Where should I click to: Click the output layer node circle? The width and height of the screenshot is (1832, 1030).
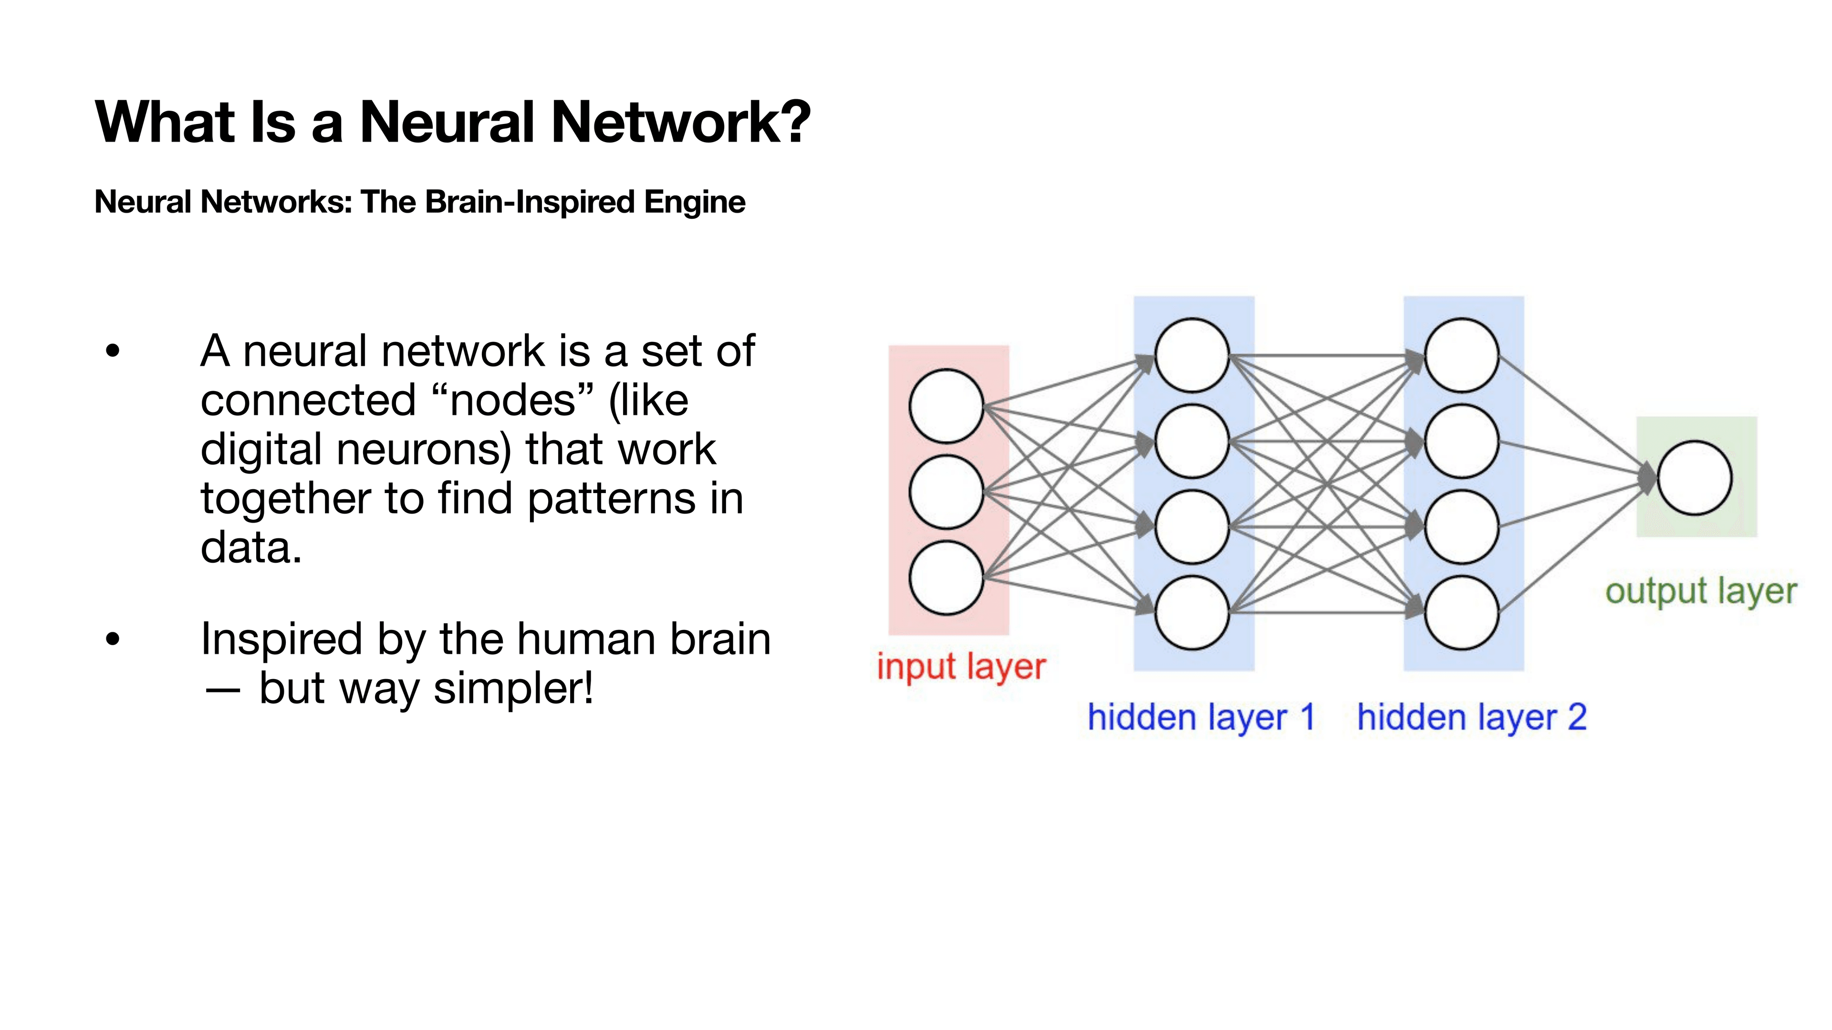tap(1694, 478)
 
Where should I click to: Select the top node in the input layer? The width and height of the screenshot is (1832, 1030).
tap(946, 406)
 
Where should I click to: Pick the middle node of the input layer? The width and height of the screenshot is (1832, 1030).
tap(946, 492)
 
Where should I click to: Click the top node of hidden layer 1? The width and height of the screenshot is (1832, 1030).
tap(1192, 355)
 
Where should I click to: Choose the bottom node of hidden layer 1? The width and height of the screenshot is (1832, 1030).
tap(1192, 613)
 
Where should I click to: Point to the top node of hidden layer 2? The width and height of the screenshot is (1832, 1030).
tap(1461, 355)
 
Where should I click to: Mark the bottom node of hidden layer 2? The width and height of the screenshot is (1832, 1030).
tap(1461, 613)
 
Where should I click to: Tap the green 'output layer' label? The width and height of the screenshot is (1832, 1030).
tap(1700, 591)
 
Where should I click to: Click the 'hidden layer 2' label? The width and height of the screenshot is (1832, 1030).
tap(1471, 717)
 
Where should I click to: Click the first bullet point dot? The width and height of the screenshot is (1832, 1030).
tap(113, 351)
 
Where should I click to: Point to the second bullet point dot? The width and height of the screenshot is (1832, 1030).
tap(113, 639)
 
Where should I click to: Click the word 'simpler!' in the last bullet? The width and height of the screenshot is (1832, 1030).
tap(513, 689)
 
